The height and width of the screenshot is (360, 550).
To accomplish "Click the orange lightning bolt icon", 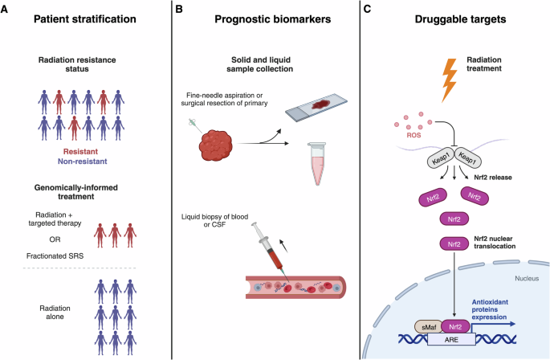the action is [x=450, y=80].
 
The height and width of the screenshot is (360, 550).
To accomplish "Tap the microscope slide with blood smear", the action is [x=316, y=108].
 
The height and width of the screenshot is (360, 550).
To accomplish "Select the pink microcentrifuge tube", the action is [x=317, y=163].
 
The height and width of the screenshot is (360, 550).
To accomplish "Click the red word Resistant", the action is [x=80, y=152].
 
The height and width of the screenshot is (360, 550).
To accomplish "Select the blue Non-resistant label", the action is [x=83, y=162].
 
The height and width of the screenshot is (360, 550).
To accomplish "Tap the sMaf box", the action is [x=429, y=327].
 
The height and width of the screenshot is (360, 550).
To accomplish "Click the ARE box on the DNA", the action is [x=451, y=340].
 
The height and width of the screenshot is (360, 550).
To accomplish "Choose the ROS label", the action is [x=414, y=135].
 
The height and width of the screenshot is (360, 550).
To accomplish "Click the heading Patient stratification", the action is [x=85, y=19].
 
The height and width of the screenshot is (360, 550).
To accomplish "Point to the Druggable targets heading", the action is [x=460, y=19].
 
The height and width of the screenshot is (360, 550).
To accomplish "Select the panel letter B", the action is [x=179, y=9].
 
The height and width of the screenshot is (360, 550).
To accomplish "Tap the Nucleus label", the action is [x=527, y=279].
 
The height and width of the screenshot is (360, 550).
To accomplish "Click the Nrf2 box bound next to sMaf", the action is [x=455, y=327].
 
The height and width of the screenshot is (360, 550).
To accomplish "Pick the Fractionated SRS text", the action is [x=55, y=256].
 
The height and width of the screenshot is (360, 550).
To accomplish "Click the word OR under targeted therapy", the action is [x=55, y=239].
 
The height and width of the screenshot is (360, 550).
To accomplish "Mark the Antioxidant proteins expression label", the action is [x=490, y=309].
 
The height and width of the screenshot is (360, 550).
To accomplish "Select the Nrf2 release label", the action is [x=493, y=178].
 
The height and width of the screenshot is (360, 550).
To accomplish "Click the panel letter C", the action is [x=367, y=9].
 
